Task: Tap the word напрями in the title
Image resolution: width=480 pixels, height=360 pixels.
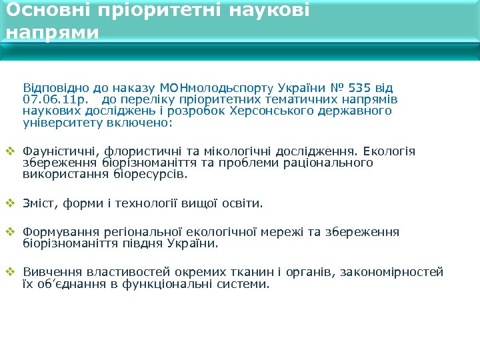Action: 52,33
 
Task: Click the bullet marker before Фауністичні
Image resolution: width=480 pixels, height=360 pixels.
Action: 9,151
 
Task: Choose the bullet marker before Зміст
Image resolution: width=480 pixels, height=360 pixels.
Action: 9,203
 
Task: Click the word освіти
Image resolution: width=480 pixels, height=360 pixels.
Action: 242,203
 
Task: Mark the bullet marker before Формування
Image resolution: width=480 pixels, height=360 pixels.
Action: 9,231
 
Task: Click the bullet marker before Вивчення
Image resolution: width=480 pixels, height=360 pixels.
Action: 9,271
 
